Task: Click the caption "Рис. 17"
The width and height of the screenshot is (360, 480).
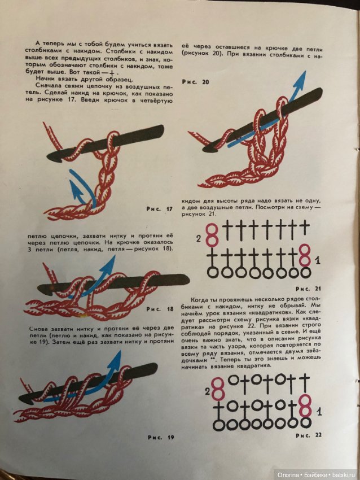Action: coord(159,209)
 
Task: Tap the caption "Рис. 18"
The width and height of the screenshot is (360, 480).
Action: coord(160,309)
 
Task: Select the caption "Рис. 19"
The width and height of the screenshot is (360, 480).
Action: coord(161,438)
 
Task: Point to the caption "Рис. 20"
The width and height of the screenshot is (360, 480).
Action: coord(195,82)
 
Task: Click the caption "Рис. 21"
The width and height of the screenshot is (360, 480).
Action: coord(309,289)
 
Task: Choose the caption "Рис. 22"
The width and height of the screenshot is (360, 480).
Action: coord(309,435)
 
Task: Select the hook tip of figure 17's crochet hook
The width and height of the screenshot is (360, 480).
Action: coord(49,158)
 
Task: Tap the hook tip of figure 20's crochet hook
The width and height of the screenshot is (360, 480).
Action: coord(204,149)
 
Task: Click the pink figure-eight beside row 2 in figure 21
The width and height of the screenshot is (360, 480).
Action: coord(212,235)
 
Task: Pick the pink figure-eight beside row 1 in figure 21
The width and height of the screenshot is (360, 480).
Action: coord(305,255)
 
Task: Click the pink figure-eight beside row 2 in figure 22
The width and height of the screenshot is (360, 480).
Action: coord(218,389)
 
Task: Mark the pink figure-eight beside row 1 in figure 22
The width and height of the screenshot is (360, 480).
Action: coord(305,406)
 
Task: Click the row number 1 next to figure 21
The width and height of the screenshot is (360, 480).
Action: coord(318,261)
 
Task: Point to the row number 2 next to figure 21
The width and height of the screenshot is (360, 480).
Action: coord(199,238)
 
